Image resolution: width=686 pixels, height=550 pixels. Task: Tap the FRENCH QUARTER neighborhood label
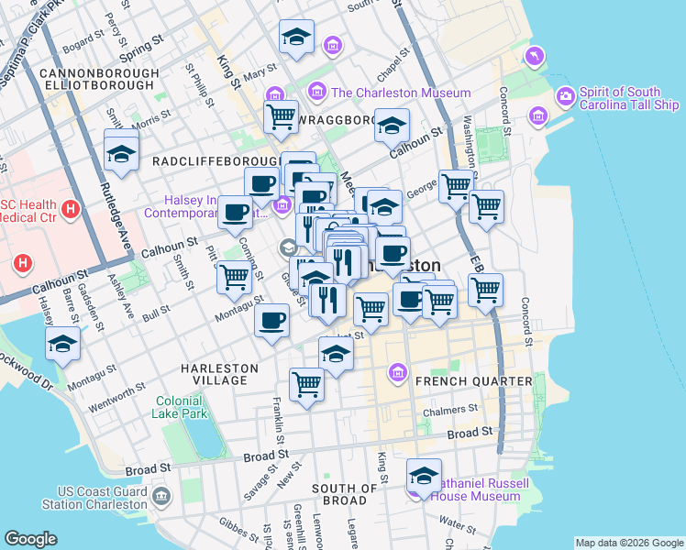pyautogui.click(x=473, y=380)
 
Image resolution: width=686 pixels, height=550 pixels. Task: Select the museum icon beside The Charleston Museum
pyautogui.click(x=317, y=92)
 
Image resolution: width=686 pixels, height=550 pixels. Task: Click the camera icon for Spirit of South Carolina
pyautogui.click(x=566, y=95)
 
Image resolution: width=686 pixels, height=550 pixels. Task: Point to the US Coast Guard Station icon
pyautogui.click(x=162, y=498)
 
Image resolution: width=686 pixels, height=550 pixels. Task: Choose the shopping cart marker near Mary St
pyautogui.click(x=281, y=116)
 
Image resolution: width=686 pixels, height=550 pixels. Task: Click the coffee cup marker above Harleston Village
pyautogui.click(x=271, y=322)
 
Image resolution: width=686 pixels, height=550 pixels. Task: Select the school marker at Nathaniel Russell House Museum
pyautogui.click(x=424, y=475)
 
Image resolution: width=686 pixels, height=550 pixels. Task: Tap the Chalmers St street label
pyautogui.click(x=457, y=409)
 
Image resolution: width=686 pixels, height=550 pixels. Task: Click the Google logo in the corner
pyautogui.click(x=30, y=539)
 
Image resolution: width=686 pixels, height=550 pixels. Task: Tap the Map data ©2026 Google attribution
pyautogui.click(x=628, y=543)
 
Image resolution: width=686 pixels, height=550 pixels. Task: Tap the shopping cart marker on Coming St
pyautogui.click(x=235, y=275)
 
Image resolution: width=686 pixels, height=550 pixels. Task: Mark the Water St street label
pyautogui.click(x=457, y=522)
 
